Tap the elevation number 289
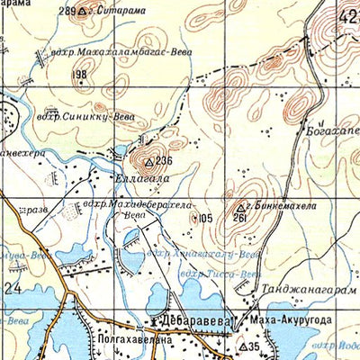[x=66, y=12]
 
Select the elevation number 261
[x=238, y=218]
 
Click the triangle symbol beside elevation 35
[x=242, y=346]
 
